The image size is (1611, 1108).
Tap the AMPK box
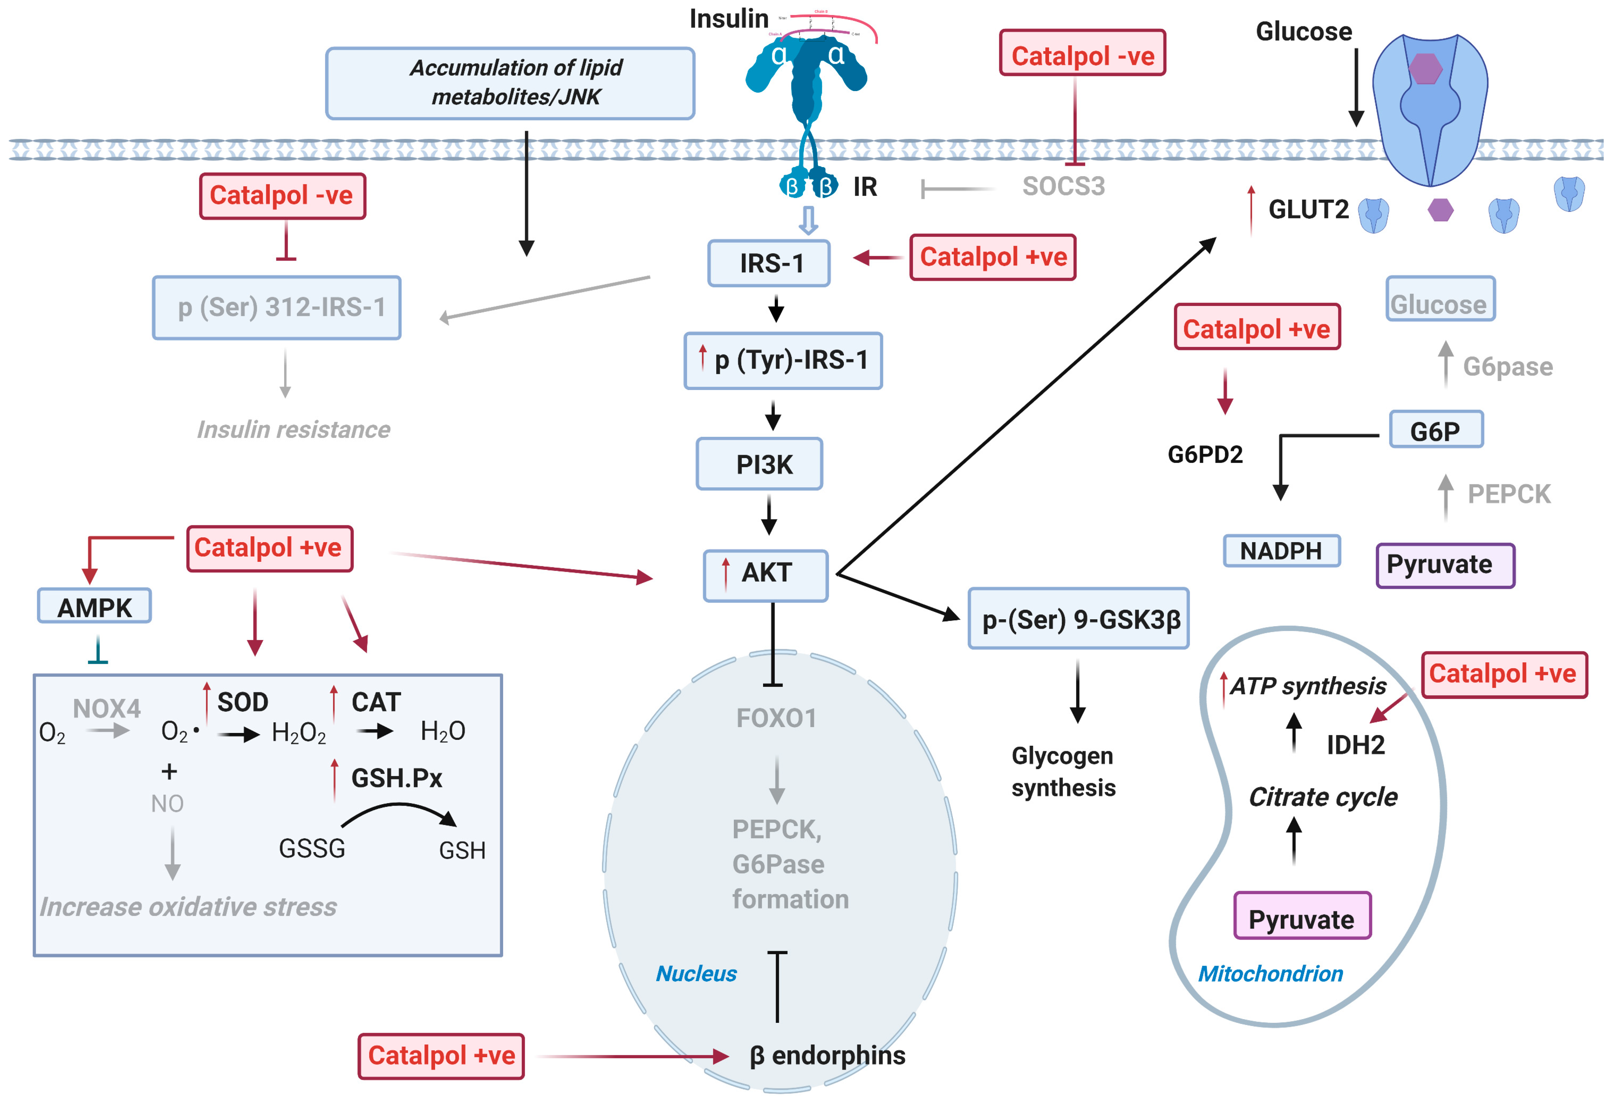(94, 606)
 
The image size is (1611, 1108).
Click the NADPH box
(1281, 551)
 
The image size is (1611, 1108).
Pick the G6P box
(1436, 430)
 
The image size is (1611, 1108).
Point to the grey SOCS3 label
(1063, 186)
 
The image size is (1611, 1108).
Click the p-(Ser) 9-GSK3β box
(1078, 619)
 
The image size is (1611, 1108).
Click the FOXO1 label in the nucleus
(776, 718)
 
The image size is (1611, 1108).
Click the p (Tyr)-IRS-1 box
(783, 360)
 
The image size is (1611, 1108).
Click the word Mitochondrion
(1270, 973)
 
